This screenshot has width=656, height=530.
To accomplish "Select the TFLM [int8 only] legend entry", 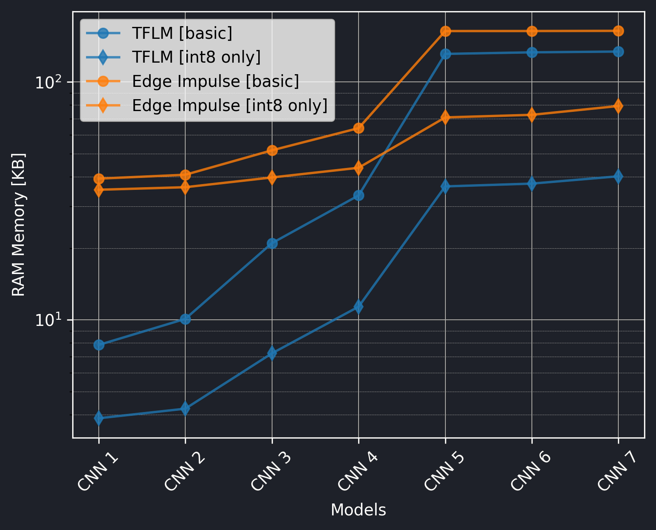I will pyautogui.click(x=196, y=57).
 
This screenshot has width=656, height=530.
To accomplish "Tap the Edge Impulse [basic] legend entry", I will pyautogui.click(x=215, y=81).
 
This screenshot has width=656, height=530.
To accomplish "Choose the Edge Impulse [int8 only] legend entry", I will pyautogui.click(x=229, y=105).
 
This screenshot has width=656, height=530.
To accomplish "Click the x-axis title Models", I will pyautogui.click(x=358, y=510).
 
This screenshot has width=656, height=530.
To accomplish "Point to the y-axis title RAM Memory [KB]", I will pyautogui.click(x=18, y=225).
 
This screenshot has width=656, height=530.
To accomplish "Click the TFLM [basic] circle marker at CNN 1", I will pyautogui.click(x=99, y=345).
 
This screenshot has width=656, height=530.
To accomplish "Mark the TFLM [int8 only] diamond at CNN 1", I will pyautogui.click(x=99, y=418).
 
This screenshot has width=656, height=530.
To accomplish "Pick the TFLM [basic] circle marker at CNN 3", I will pyautogui.click(x=272, y=243).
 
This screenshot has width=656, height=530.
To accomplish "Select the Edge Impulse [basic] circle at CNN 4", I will pyautogui.click(x=359, y=128).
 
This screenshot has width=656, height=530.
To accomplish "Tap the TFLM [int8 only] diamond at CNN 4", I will pyautogui.click(x=359, y=307).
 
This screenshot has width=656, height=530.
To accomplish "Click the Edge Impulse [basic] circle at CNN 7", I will pyautogui.click(x=618, y=31).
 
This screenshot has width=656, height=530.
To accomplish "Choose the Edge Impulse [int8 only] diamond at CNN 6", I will pyautogui.click(x=532, y=115).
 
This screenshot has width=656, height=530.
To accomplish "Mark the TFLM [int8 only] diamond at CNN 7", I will pyautogui.click(x=618, y=176).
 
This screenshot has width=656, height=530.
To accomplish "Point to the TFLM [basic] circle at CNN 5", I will pyautogui.click(x=445, y=54).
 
